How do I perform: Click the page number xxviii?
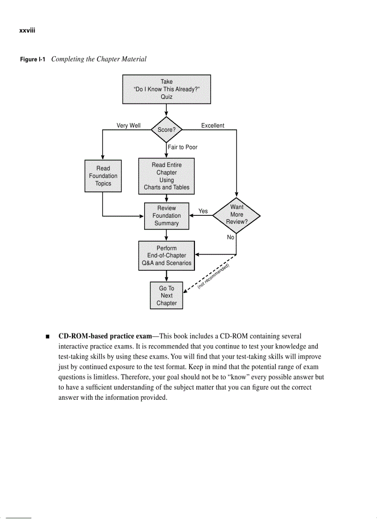coord(27,31)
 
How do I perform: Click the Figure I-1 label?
coord(33,59)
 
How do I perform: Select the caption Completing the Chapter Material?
coord(98,59)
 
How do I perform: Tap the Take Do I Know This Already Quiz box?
coord(166,89)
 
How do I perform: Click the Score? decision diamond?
coord(166,130)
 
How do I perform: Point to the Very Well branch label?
coord(128,125)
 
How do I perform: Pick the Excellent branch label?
coord(213,125)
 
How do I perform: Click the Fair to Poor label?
coord(183,147)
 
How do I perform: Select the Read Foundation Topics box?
coord(103,176)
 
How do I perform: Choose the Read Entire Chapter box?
coord(166,176)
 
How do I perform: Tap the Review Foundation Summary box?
coord(166,216)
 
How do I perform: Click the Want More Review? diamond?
coord(237,214)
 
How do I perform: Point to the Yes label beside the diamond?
coord(203,211)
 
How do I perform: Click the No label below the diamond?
coord(231,237)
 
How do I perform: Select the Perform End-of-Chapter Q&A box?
coord(166,256)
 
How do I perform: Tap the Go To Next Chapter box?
coord(166,296)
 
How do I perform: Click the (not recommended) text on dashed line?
coord(213,276)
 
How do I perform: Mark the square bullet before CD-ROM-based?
coord(48,336)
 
